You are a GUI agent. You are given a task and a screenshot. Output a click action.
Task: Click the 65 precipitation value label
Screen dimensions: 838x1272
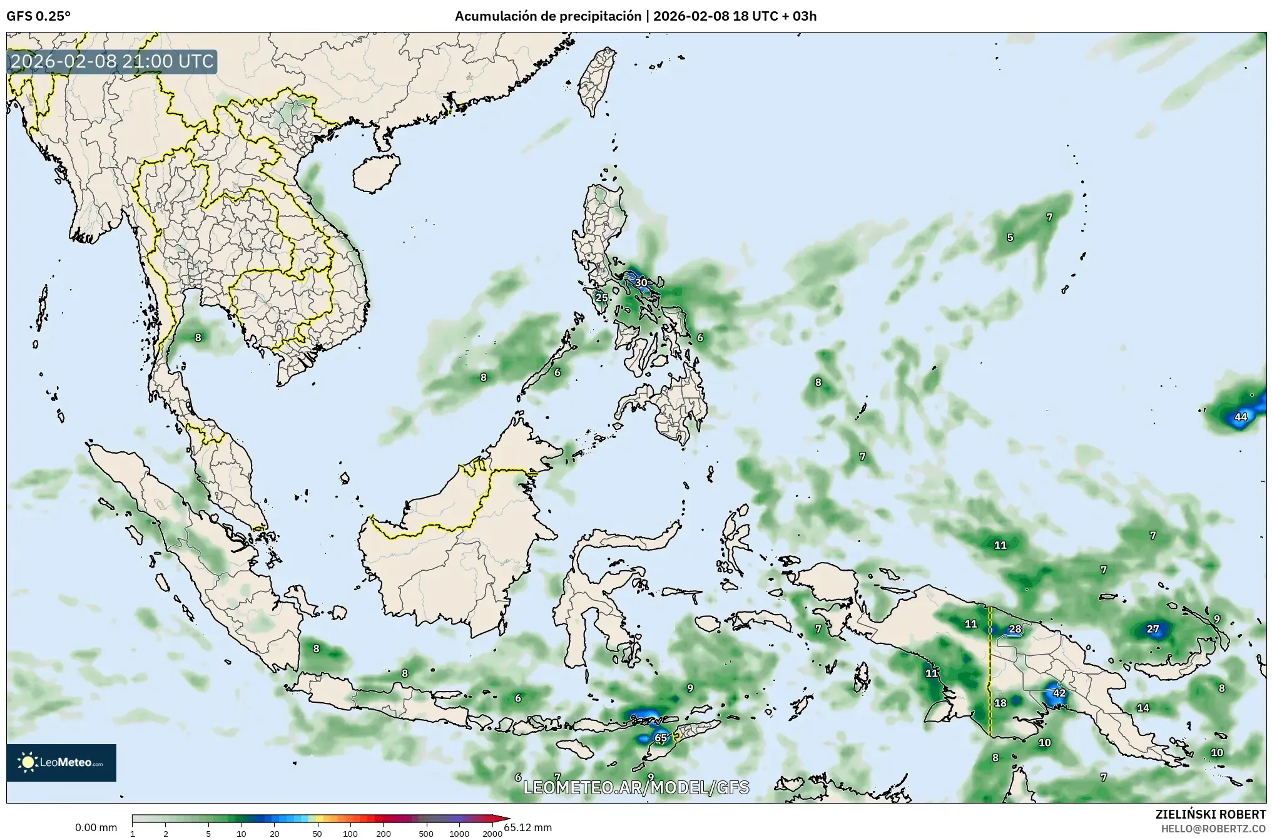pyautogui.click(x=661, y=738)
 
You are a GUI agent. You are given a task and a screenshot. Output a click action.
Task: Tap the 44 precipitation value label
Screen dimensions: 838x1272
pyautogui.click(x=1240, y=417)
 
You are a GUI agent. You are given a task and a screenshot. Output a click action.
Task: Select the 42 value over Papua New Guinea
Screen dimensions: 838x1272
pyautogui.click(x=1059, y=693)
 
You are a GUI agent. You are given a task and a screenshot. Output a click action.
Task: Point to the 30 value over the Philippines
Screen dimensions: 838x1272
pyautogui.click(x=641, y=282)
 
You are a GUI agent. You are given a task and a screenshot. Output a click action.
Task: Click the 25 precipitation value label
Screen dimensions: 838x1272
pyautogui.click(x=601, y=297)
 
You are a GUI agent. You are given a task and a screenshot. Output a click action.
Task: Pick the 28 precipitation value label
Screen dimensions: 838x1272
pyautogui.click(x=1015, y=629)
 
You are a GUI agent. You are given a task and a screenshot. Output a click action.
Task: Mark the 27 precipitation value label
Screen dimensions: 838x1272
pyautogui.click(x=1152, y=629)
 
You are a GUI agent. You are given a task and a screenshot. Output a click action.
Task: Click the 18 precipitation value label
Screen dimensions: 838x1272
pyautogui.click(x=1000, y=703)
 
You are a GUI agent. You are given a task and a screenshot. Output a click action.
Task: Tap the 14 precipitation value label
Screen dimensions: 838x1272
pyautogui.click(x=1143, y=708)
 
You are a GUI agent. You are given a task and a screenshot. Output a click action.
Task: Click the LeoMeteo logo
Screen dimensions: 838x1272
pyautogui.click(x=61, y=762)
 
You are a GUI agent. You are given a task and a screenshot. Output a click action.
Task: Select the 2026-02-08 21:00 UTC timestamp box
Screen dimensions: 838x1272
pyautogui.click(x=112, y=61)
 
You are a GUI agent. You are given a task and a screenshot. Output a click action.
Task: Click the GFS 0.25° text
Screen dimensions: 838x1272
pyautogui.click(x=38, y=16)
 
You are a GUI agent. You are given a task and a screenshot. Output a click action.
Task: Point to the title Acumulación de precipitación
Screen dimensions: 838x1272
pyautogui.click(x=548, y=16)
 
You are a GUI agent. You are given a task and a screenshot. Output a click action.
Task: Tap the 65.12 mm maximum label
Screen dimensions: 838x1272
pyautogui.click(x=527, y=827)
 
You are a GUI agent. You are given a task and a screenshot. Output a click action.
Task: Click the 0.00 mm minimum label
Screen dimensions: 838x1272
pyautogui.click(x=96, y=827)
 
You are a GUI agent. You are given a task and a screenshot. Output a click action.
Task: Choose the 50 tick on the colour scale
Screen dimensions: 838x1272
pyautogui.click(x=317, y=834)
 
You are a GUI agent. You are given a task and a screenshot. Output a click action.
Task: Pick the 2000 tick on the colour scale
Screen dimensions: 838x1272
pyautogui.click(x=492, y=834)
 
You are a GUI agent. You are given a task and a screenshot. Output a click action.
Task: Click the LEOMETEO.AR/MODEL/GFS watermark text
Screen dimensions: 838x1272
pyautogui.click(x=636, y=787)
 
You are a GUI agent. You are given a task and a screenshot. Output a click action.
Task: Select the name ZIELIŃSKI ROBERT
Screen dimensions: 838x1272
pyautogui.click(x=1210, y=814)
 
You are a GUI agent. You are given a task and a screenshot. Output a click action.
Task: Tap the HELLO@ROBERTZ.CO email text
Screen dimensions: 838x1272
pyautogui.click(x=1213, y=828)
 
